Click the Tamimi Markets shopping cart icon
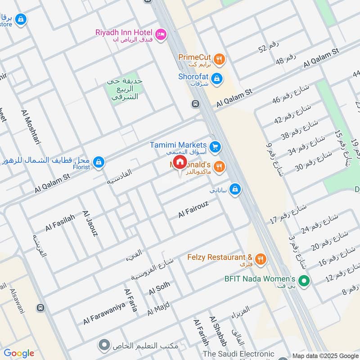215,146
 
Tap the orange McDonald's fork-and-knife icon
219,166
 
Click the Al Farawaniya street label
103,315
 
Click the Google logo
19,353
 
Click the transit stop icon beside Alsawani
40,308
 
